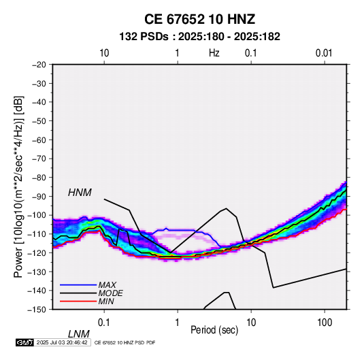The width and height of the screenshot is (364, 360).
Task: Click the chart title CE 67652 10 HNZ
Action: [x=199, y=19]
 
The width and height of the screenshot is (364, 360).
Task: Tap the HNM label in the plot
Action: [x=80, y=193]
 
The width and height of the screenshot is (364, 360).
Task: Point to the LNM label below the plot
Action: [x=79, y=334]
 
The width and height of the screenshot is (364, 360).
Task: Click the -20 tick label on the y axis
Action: [x=39, y=65]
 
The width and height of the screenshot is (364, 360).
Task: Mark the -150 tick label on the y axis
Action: [x=37, y=310]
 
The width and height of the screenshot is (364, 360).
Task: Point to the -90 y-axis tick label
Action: [x=39, y=197]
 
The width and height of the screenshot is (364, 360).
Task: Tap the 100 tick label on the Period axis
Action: [x=325, y=323]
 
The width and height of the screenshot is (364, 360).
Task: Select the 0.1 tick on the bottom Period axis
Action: [x=104, y=323]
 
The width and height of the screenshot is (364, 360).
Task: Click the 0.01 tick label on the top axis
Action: [x=324, y=53]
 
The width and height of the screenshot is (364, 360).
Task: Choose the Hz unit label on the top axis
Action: [x=214, y=53]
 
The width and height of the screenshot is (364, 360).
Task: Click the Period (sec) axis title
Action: [x=214, y=330]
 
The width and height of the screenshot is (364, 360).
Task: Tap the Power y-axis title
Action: [x=19, y=186]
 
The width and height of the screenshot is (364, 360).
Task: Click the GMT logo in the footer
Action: [x=25, y=342]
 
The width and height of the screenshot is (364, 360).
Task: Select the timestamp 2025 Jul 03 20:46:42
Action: [x=62, y=342]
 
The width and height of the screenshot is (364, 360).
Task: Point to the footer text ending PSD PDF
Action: [x=125, y=342]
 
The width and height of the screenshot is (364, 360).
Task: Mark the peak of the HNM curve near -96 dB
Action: [x=226, y=208]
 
